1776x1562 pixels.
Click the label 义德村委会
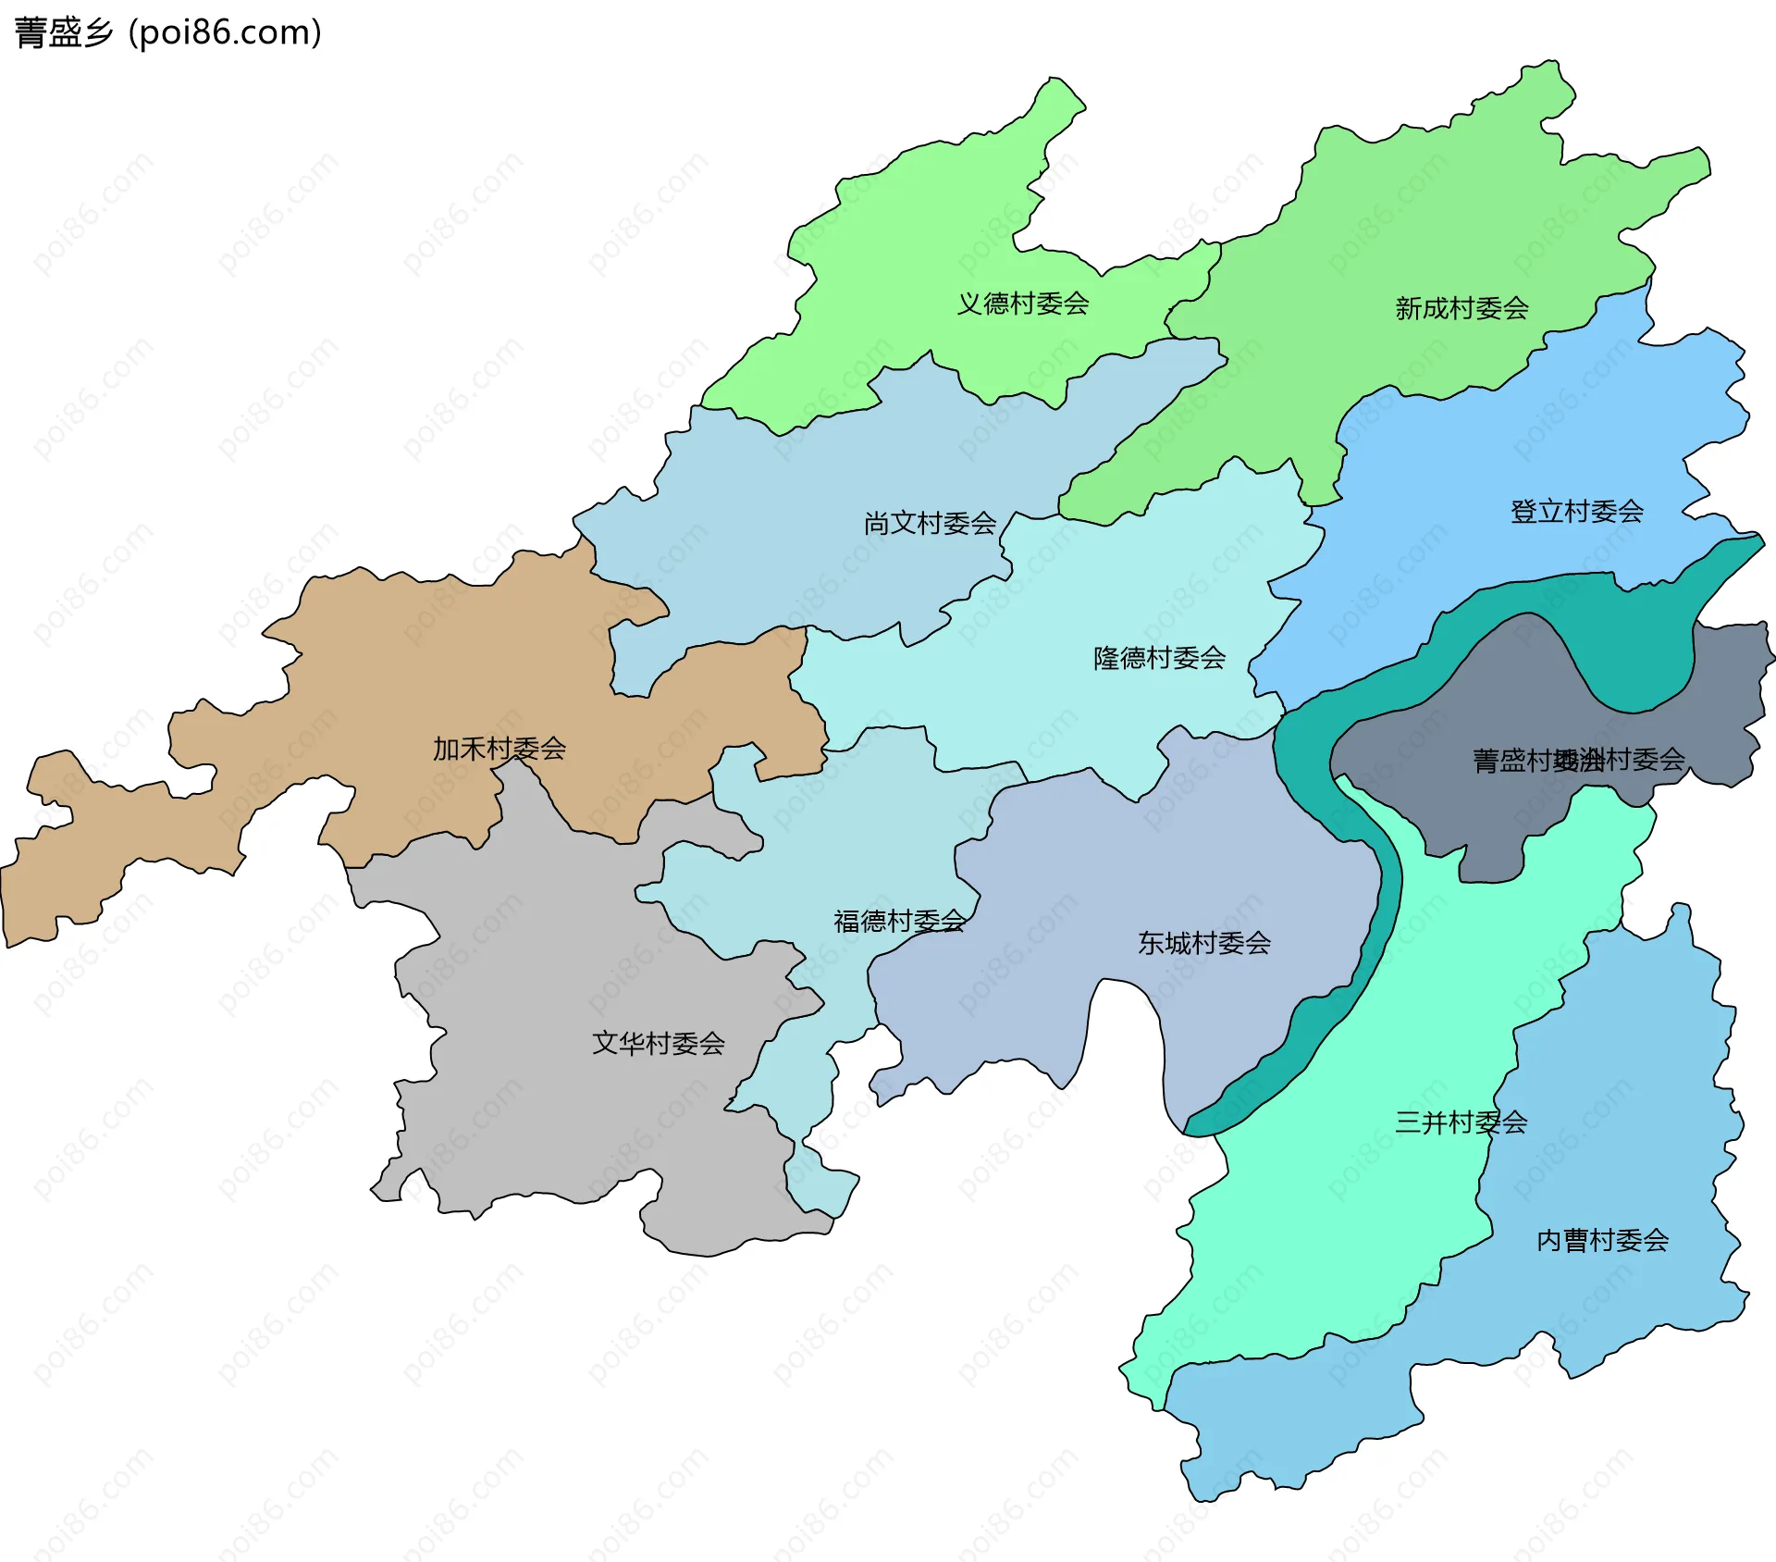coord(1022,304)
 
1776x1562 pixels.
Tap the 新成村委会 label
coord(1461,308)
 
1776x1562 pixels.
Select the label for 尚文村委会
coord(930,524)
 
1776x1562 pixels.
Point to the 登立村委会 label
coord(1576,512)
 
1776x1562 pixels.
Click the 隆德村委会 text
coord(1159,658)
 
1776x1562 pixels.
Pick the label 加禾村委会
coord(499,749)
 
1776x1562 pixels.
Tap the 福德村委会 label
coord(899,921)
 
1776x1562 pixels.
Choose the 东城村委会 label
coord(1203,943)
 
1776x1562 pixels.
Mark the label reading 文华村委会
coord(658,1044)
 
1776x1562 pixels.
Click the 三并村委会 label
coord(1461,1122)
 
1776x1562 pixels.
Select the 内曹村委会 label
coord(1602,1240)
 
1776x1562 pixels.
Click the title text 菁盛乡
coord(63,33)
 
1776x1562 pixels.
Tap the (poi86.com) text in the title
coord(225,33)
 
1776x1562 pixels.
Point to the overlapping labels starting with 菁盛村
coord(1578,761)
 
